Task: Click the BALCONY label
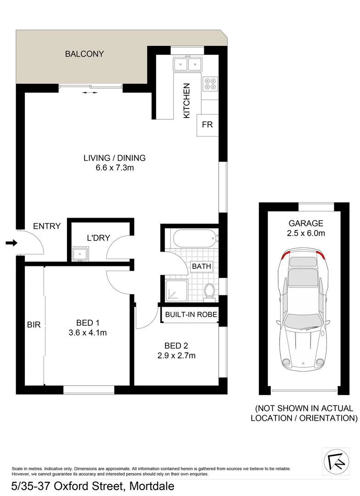tap(84, 54)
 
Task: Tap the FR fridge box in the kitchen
tap(207, 124)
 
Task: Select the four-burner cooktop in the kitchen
tap(210, 83)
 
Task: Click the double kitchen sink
tap(188, 63)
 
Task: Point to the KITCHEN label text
tap(186, 101)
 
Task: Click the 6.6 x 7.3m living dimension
tap(114, 168)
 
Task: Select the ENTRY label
tap(47, 226)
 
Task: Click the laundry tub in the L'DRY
tap(80, 253)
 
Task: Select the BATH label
tap(201, 266)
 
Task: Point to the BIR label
tap(34, 325)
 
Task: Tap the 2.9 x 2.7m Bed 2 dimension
tap(176, 355)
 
